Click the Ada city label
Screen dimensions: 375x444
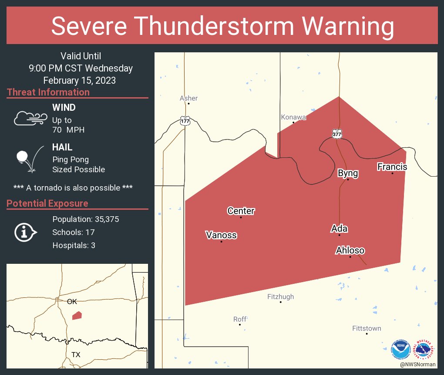[x=339, y=228]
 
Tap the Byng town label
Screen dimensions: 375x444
[x=348, y=173]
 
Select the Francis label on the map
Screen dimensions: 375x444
[x=392, y=167]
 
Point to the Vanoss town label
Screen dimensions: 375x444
[x=221, y=235]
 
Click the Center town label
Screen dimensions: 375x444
[x=241, y=211]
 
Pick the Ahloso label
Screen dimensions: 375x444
[x=350, y=250]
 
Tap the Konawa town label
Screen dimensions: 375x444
[x=293, y=117]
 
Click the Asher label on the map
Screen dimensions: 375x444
[x=188, y=98]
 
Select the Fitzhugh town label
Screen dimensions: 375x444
[x=280, y=297]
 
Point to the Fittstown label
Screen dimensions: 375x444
[x=367, y=328]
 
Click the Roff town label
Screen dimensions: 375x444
[x=240, y=319]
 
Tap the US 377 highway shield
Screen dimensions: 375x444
[x=336, y=134]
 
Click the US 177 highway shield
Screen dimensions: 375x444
[x=185, y=121]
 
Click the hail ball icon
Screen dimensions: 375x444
[x=22, y=157]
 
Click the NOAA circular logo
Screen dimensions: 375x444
[x=400, y=349]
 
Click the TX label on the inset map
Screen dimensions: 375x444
[x=76, y=355]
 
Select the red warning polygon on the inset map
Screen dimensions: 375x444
[x=77, y=315]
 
